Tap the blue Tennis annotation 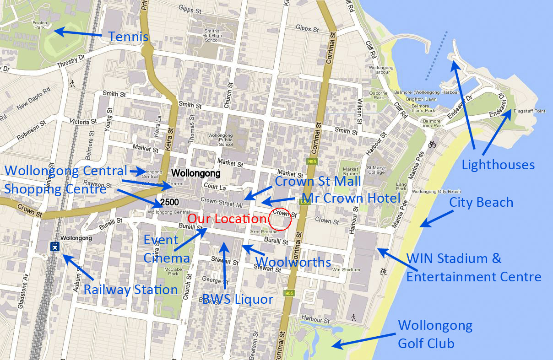[129, 37]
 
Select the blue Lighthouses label [498, 165]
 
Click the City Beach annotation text [481, 202]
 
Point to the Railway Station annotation [130, 290]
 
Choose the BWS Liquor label [238, 300]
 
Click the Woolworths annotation [293, 262]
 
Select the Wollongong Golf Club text [435, 334]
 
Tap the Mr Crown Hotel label [351, 199]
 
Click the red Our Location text [227, 219]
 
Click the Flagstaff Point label [529, 111]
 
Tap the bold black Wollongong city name [195, 174]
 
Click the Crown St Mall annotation [318, 181]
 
